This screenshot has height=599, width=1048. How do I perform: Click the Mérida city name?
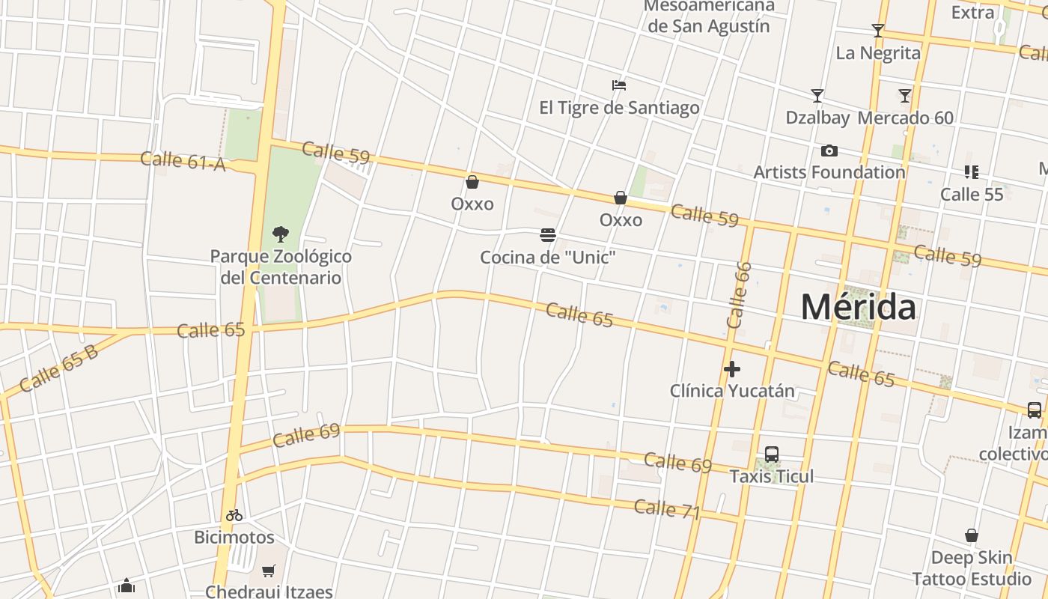[858, 307]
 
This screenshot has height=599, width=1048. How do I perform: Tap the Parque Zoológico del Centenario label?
[281, 267]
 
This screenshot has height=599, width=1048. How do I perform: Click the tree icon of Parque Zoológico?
[281, 234]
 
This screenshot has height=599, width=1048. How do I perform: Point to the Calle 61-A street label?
[183, 160]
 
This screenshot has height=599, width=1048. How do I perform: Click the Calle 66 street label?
[738, 295]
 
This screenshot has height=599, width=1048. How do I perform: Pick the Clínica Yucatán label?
[732, 390]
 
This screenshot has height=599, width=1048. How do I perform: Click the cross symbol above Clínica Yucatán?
[732, 368]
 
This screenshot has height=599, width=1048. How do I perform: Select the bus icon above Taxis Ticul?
[772, 454]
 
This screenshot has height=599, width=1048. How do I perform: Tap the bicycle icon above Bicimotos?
[234, 515]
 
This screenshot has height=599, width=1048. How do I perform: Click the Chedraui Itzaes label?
[269, 592]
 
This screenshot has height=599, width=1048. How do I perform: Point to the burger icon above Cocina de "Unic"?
[548, 235]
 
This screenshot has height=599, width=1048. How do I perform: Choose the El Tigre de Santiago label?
[619, 107]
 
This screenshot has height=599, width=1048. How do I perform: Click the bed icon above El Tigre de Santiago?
[619, 85]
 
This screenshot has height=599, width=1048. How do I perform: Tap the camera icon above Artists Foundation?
[829, 151]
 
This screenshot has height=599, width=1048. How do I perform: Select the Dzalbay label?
[817, 118]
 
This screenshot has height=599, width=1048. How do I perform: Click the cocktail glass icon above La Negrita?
[878, 31]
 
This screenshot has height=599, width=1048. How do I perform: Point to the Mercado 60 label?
[906, 118]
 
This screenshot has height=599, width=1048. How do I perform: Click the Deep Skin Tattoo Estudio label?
[972, 568]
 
